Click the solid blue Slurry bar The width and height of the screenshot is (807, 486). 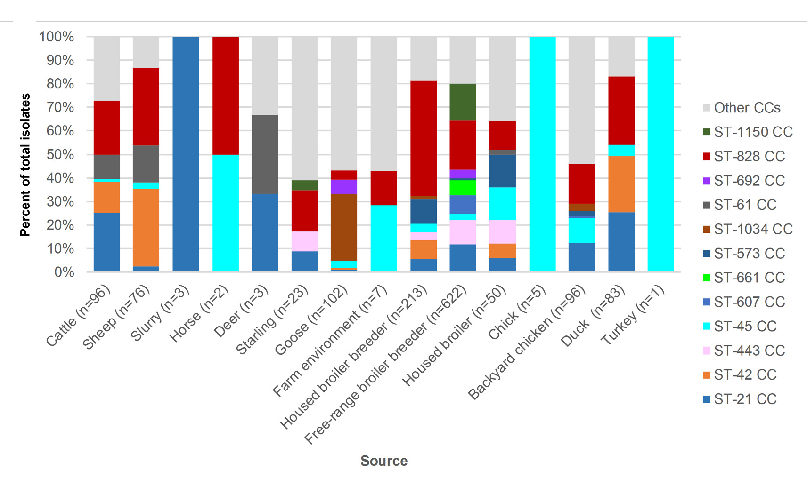click(186, 154)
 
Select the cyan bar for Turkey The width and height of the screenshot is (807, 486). click(660, 154)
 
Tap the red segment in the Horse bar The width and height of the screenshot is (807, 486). click(226, 96)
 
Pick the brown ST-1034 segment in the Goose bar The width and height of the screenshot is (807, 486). click(344, 227)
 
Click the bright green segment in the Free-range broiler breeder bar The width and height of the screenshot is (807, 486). click(463, 188)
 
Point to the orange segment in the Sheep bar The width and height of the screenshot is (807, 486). click(146, 228)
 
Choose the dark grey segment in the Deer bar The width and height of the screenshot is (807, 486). click(265, 154)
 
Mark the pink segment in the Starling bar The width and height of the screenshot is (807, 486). click(304, 241)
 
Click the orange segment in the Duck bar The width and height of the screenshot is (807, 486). click(621, 184)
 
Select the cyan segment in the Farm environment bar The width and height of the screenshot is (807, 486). click(383, 238)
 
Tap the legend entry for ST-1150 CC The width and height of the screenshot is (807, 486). click(753, 132)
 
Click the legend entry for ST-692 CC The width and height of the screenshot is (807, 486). click(749, 181)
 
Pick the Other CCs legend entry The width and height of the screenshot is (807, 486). click(747, 108)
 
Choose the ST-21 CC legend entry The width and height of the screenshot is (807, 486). click(745, 399)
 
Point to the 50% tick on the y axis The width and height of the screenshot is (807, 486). click(60, 154)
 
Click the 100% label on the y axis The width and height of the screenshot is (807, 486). click(57, 37)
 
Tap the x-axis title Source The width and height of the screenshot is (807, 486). click(384, 461)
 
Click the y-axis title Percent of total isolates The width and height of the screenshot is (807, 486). click(25, 165)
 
